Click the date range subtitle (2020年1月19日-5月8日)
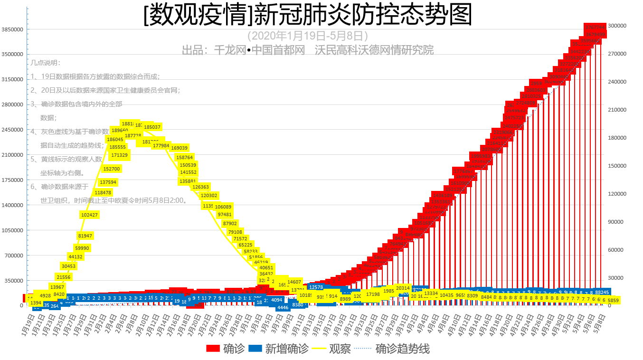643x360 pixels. click(x=308, y=36)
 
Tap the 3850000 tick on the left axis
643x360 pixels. click(x=13, y=29)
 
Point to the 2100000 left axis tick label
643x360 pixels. click(x=13, y=155)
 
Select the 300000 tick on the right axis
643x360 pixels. click(x=617, y=26)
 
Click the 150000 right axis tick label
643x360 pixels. click(x=617, y=166)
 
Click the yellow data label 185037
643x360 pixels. click(x=152, y=127)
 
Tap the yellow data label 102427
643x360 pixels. click(x=89, y=215)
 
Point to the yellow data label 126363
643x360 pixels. click(x=201, y=187)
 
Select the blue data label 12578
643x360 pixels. click(x=316, y=287)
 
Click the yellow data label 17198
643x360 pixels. click(x=373, y=294)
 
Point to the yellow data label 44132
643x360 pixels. click(x=76, y=256)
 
